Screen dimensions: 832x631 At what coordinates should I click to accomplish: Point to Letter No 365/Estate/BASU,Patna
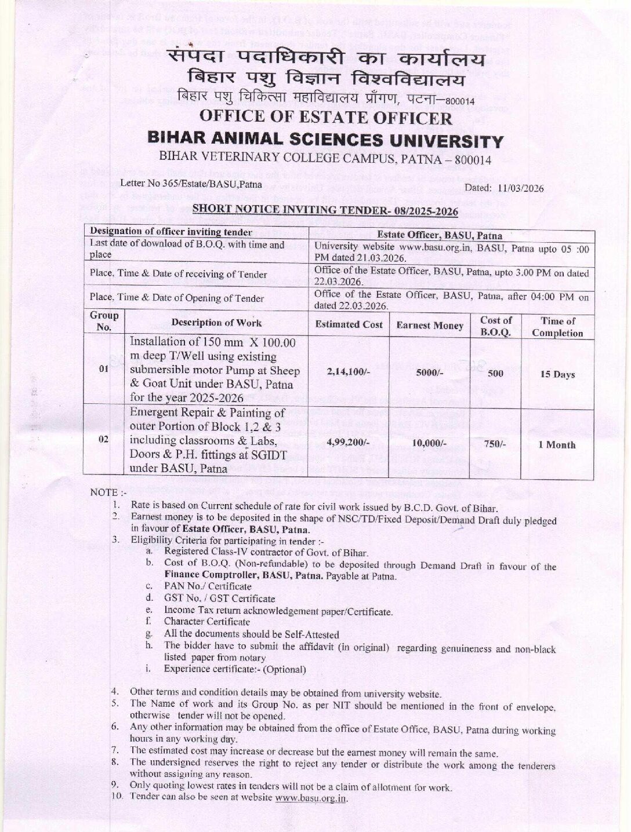191,184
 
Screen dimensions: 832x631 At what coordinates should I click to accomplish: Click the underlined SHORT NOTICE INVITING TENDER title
325,210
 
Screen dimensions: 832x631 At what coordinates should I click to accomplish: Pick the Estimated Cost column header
349,324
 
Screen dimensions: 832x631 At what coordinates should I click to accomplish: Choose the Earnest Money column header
430,326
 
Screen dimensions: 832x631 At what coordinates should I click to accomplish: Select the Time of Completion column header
557,327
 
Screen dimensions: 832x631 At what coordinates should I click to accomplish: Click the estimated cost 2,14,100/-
349,373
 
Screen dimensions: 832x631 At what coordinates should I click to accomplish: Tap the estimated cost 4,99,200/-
349,444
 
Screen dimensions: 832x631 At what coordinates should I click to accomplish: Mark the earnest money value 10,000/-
430,444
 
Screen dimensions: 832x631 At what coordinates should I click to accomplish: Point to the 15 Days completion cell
557,374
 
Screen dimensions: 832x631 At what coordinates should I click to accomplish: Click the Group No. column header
104,320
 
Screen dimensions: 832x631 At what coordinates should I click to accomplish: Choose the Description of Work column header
216,323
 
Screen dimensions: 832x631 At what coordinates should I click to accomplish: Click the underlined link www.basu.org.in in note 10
311,798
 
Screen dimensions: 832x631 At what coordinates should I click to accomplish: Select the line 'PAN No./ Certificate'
208,586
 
